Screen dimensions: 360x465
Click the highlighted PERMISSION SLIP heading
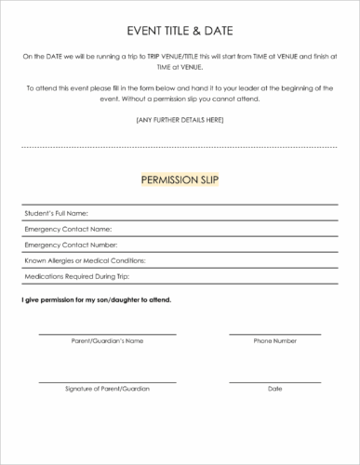coord(180,179)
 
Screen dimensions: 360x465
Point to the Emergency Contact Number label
coord(71,246)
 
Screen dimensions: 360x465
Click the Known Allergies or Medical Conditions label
coord(85,261)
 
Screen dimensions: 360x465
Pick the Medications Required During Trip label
coord(76,277)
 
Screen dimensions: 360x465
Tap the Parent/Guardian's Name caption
coord(107,341)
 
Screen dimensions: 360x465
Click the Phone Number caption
coord(275,341)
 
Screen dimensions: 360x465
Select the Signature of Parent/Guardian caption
coord(107,388)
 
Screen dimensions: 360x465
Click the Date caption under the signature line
coord(275,388)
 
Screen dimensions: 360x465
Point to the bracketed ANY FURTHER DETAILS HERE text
coord(180,120)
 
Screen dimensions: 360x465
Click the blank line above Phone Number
coord(275,334)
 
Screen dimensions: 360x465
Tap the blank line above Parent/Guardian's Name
coord(107,334)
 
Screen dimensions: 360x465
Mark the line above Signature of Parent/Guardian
coord(107,380)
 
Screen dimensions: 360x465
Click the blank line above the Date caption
coord(275,380)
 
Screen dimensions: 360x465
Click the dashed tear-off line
coord(180,147)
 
